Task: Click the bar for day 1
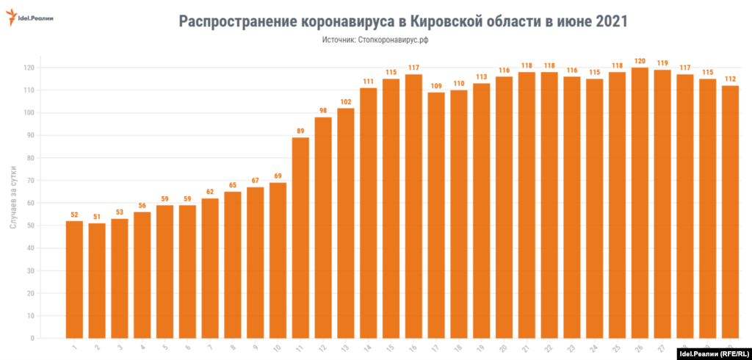click(74, 279)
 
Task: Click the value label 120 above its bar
click(640, 61)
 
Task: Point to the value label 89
click(300, 131)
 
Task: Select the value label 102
click(346, 101)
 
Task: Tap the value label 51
click(97, 216)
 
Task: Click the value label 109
click(436, 85)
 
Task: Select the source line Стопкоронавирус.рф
click(375, 40)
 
